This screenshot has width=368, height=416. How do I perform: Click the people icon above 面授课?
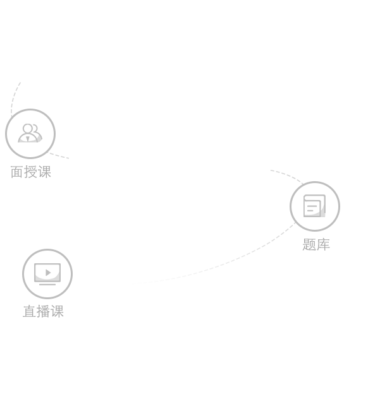point(30,133)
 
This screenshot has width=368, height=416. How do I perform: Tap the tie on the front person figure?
point(28,139)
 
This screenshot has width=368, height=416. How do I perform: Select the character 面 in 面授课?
point(16,172)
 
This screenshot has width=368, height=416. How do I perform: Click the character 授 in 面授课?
point(30,172)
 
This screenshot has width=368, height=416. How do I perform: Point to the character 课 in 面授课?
point(44,172)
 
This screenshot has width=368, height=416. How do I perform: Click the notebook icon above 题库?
point(315,206)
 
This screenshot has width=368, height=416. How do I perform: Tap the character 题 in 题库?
point(309,244)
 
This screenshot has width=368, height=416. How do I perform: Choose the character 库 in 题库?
point(323,244)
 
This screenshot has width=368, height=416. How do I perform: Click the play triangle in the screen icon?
point(48,273)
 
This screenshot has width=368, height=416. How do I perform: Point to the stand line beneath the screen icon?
point(47,285)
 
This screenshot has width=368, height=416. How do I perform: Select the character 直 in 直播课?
point(29,311)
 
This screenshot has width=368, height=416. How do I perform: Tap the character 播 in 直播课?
point(43,311)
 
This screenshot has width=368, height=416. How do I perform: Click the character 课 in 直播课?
point(57,311)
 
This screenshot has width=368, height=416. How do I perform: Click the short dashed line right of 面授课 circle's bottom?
point(58,156)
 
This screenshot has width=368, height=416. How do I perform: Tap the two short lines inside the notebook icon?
point(311,208)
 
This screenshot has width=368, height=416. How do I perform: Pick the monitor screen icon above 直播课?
point(47,274)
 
